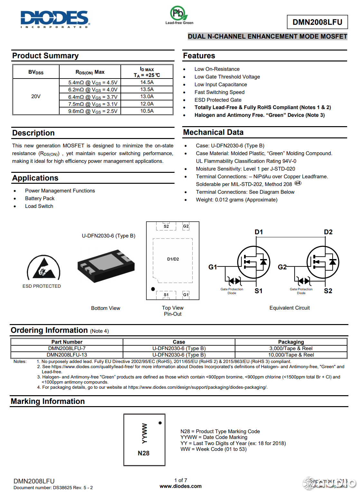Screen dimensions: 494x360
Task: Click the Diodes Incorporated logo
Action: [55, 19]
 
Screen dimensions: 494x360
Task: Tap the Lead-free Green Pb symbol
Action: [178, 14]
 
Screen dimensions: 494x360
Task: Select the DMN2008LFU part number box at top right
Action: [317, 22]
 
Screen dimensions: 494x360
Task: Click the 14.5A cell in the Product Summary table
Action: [147, 82]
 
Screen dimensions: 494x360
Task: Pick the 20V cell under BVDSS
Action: [36, 97]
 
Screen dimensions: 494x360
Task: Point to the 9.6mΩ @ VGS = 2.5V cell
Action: [93, 111]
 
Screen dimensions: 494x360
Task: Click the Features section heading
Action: [199, 56]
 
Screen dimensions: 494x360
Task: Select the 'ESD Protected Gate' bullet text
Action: [218, 100]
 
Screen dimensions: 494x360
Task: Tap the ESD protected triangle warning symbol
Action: [43, 267]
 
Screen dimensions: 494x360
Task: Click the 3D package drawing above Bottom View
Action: [106, 266]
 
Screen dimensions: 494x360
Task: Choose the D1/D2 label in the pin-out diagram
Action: [173, 259]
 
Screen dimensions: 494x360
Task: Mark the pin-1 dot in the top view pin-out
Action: [153, 289]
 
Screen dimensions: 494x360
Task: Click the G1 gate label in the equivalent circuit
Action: [213, 267]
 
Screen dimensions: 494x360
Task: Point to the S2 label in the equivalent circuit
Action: [328, 291]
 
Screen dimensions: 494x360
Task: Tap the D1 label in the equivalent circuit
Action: [259, 232]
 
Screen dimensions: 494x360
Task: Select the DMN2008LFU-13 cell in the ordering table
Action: [67, 355]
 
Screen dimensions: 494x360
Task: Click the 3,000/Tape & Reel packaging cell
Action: [291, 348]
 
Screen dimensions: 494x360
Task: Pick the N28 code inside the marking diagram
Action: [144, 453]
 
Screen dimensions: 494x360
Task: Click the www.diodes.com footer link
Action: [180, 486]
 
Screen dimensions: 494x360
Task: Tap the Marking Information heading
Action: [48, 401]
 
